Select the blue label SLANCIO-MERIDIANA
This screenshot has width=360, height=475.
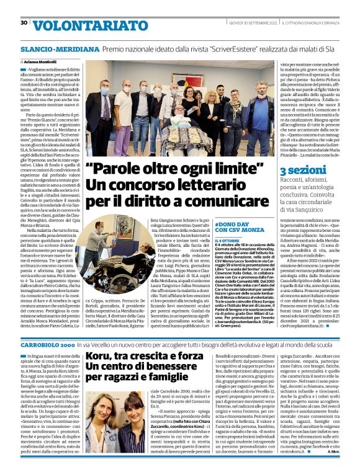pos(52,47)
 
